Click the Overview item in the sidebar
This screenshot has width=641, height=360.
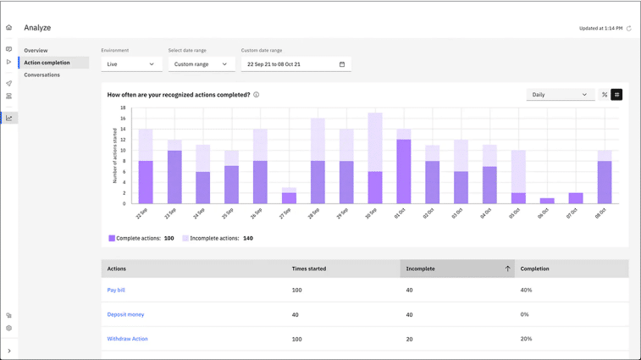pyautogui.click(x=36, y=51)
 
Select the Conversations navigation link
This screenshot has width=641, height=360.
pyautogui.click(x=41, y=75)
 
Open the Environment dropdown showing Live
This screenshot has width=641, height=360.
pyautogui.click(x=131, y=64)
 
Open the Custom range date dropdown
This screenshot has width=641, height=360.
pyautogui.click(x=201, y=64)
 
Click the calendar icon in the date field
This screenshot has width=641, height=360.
pyautogui.click(x=342, y=64)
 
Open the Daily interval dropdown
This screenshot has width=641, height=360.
pyautogui.click(x=560, y=95)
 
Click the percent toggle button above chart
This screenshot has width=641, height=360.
pyautogui.click(x=605, y=95)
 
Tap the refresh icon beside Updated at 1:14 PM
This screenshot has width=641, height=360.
pyautogui.click(x=629, y=29)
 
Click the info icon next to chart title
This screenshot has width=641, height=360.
pyautogui.click(x=257, y=95)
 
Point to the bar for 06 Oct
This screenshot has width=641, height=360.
pyautogui.click(x=547, y=201)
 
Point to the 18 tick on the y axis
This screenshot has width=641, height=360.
pyautogui.click(x=123, y=108)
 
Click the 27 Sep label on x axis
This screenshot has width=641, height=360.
pyautogui.click(x=286, y=213)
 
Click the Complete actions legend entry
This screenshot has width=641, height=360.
pyautogui.click(x=141, y=239)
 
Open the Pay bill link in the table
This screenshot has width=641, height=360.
pyautogui.click(x=116, y=291)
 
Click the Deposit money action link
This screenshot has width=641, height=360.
pyautogui.click(x=125, y=315)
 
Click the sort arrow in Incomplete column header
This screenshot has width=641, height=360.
pyautogui.click(x=507, y=269)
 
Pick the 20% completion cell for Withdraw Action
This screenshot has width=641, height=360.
pyautogui.click(x=526, y=339)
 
